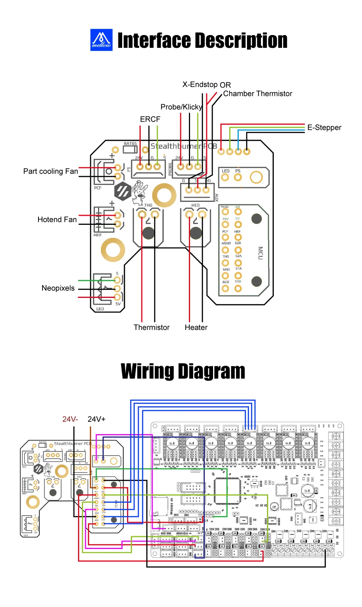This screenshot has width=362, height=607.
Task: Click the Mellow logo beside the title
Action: (101, 40)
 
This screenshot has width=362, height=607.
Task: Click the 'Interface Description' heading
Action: (202, 40)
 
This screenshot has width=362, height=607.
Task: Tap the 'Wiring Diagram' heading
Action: (183, 371)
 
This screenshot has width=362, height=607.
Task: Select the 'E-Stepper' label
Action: (324, 128)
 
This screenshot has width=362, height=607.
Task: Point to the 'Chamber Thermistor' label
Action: (258, 94)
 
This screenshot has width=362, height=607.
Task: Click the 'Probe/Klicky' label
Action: (181, 107)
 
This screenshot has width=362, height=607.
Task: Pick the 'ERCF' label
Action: (150, 119)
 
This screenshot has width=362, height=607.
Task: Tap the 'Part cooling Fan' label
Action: (51, 171)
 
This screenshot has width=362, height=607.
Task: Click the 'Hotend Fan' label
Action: (57, 220)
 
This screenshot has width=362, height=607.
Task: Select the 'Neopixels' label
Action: (58, 288)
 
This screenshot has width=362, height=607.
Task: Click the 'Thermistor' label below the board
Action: (152, 328)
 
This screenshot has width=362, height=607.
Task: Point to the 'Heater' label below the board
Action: (196, 328)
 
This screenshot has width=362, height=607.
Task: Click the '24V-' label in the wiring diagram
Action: (70, 419)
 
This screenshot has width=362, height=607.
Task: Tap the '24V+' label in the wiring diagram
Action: (97, 419)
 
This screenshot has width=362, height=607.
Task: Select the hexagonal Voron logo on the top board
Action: (123, 191)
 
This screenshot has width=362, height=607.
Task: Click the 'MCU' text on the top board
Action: (260, 253)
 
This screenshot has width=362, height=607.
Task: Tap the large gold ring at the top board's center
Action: (164, 195)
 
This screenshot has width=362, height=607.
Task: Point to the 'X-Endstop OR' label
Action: (206, 85)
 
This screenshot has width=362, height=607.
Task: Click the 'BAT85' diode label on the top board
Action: (130, 144)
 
